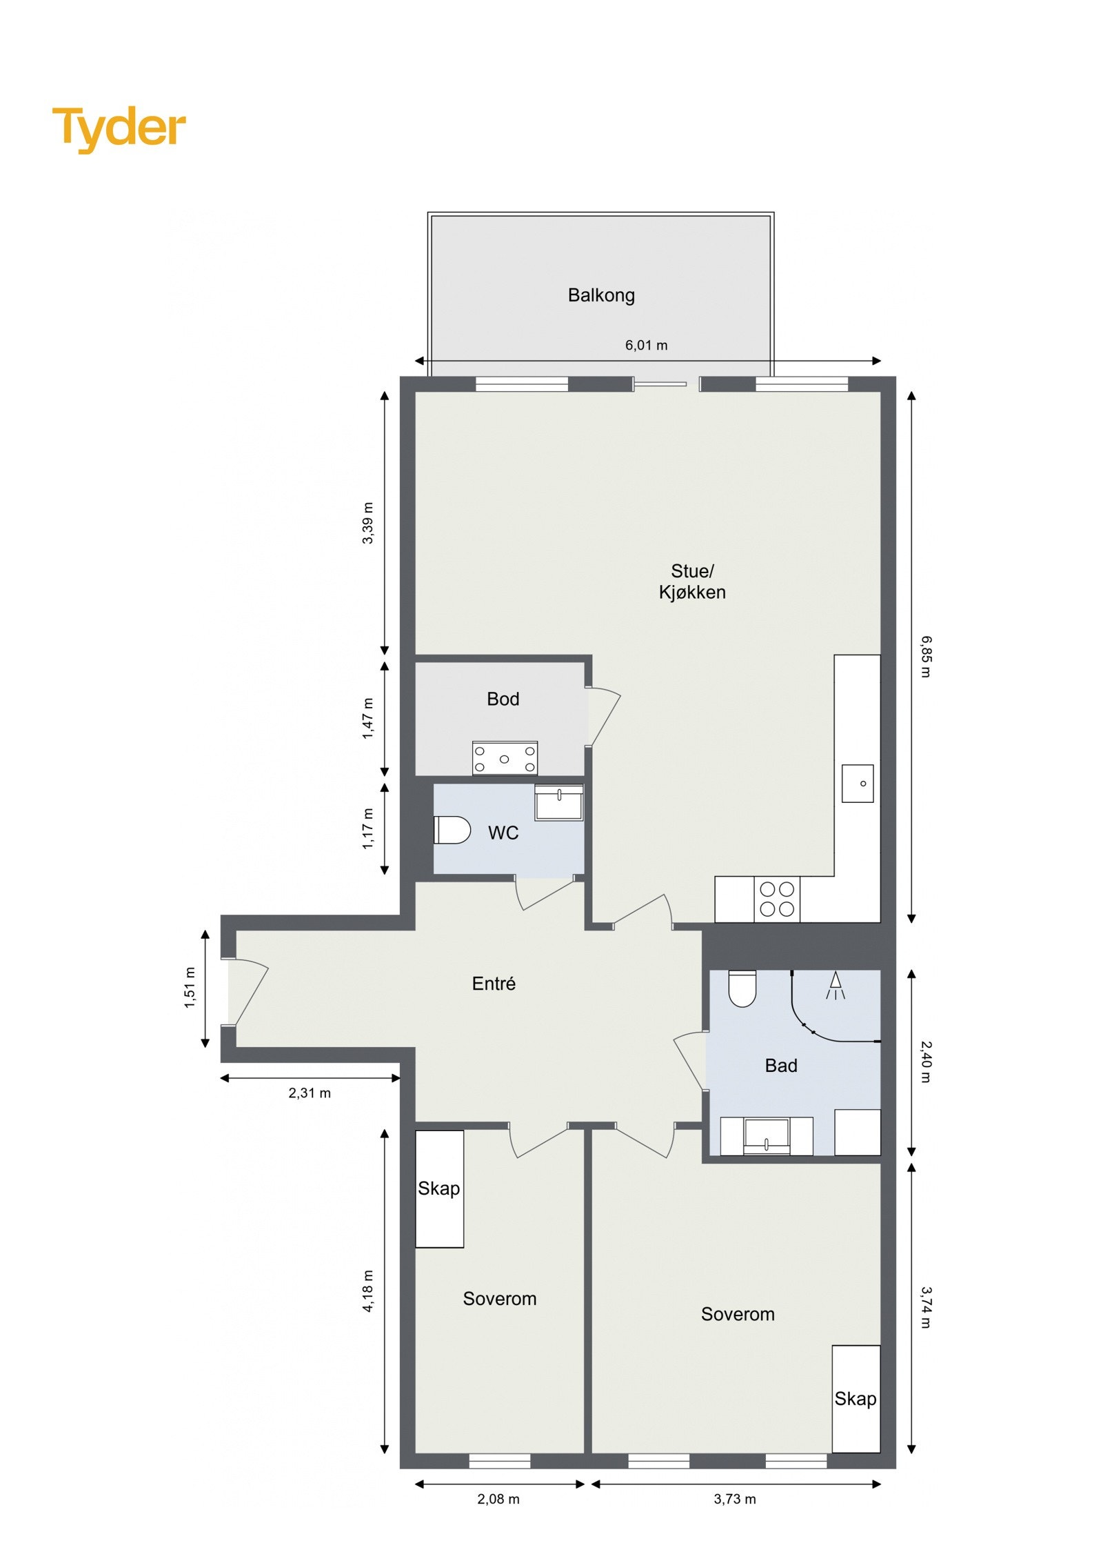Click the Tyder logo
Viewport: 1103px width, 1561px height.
point(119,128)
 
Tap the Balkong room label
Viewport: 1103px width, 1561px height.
point(600,295)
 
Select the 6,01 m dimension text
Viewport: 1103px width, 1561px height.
point(645,345)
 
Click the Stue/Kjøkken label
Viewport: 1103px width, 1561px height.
point(691,581)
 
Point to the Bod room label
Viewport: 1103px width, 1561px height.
point(503,699)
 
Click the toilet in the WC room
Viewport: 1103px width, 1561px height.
point(452,830)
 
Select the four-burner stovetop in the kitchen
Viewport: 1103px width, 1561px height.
point(776,899)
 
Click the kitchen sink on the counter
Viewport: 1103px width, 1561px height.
point(857,783)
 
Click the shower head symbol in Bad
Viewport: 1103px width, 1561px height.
point(835,984)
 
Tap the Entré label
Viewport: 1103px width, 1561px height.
point(494,984)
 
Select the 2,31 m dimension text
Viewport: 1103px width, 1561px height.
point(310,1093)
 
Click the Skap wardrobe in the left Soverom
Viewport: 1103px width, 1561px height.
point(439,1189)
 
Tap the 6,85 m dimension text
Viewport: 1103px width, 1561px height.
point(926,656)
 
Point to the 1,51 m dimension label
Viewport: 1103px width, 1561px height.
point(190,988)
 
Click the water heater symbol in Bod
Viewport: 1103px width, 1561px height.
point(504,758)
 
